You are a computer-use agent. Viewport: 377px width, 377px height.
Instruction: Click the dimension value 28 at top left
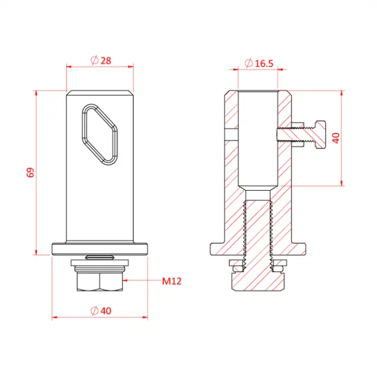pyautogui.click(x=105, y=60)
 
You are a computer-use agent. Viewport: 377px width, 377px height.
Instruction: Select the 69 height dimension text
pyautogui.click(x=31, y=173)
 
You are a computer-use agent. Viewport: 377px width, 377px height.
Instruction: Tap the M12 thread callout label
pyautogui.click(x=171, y=281)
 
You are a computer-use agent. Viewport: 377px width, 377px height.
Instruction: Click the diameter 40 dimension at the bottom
pyautogui.click(x=105, y=310)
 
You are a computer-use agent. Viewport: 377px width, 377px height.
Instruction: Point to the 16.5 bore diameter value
pyautogui.click(x=264, y=64)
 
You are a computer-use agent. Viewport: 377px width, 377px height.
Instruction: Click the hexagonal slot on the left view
pyautogui.click(x=99, y=133)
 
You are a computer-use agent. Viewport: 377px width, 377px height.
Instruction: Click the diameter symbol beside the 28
pyautogui.click(x=94, y=60)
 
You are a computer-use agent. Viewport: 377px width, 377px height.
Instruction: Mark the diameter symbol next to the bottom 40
pyautogui.click(x=94, y=310)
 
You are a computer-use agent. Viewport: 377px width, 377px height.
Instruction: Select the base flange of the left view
pyautogui.click(x=99, y=248)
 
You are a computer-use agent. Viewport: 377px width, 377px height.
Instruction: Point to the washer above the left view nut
pyautogui.click(x=99, y=263)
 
